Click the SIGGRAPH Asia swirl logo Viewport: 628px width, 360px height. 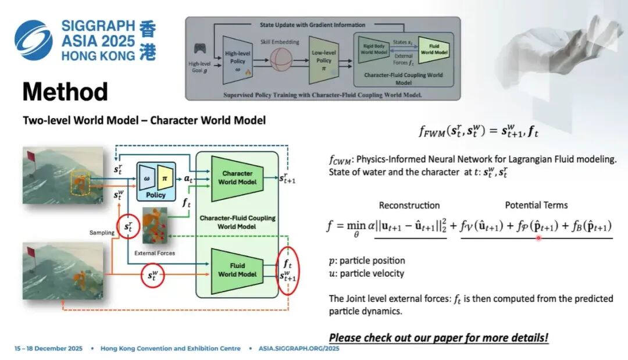pyautogui.click(x=34, y=40)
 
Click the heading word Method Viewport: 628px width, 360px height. pyautogui.click(x=65, y=92)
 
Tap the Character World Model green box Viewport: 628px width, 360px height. pyautogui.click(x=237, y=177)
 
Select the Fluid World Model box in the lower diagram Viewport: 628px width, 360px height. pyautogui.click(x=237, y=269)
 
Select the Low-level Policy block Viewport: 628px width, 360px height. pyautogui.click(x=323, y=60)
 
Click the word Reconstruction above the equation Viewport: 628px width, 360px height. pyautogui.click(x=409, y=205)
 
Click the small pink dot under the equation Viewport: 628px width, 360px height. pyautogui.click(x=538, y=237)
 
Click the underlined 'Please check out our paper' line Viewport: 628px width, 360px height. pyautogui.click(x=438, y=337)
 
